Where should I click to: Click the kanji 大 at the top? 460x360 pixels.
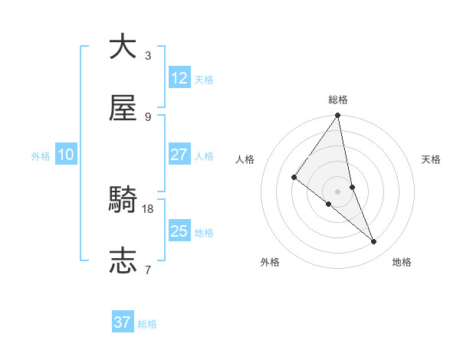tap(123, 47)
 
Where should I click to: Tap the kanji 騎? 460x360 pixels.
tap(123, 200)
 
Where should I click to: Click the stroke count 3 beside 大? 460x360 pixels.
tap(148, 56)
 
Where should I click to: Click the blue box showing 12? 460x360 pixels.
tap(179, 78)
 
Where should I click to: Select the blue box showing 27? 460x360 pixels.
tap(179, 155)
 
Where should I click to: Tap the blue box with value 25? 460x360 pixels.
tap(179, 231)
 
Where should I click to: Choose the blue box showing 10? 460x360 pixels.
tap(65, 155)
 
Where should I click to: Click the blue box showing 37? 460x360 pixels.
tap(123, 322)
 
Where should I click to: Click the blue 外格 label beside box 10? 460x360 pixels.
tap(41, 156)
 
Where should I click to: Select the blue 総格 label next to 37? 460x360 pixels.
tap(147, 324)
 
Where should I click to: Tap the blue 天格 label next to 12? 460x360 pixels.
tap(204, 80)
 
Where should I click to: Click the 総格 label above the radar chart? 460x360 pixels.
tap(338, 100)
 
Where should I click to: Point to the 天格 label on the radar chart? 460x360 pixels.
tap(431, 159)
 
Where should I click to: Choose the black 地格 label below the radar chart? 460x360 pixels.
tap(402, 262)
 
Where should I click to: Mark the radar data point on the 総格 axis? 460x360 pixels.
tap(337, 116)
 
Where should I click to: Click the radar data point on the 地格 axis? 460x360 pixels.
tap(374, 241)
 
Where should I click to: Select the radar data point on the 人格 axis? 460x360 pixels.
tap(294, 177)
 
